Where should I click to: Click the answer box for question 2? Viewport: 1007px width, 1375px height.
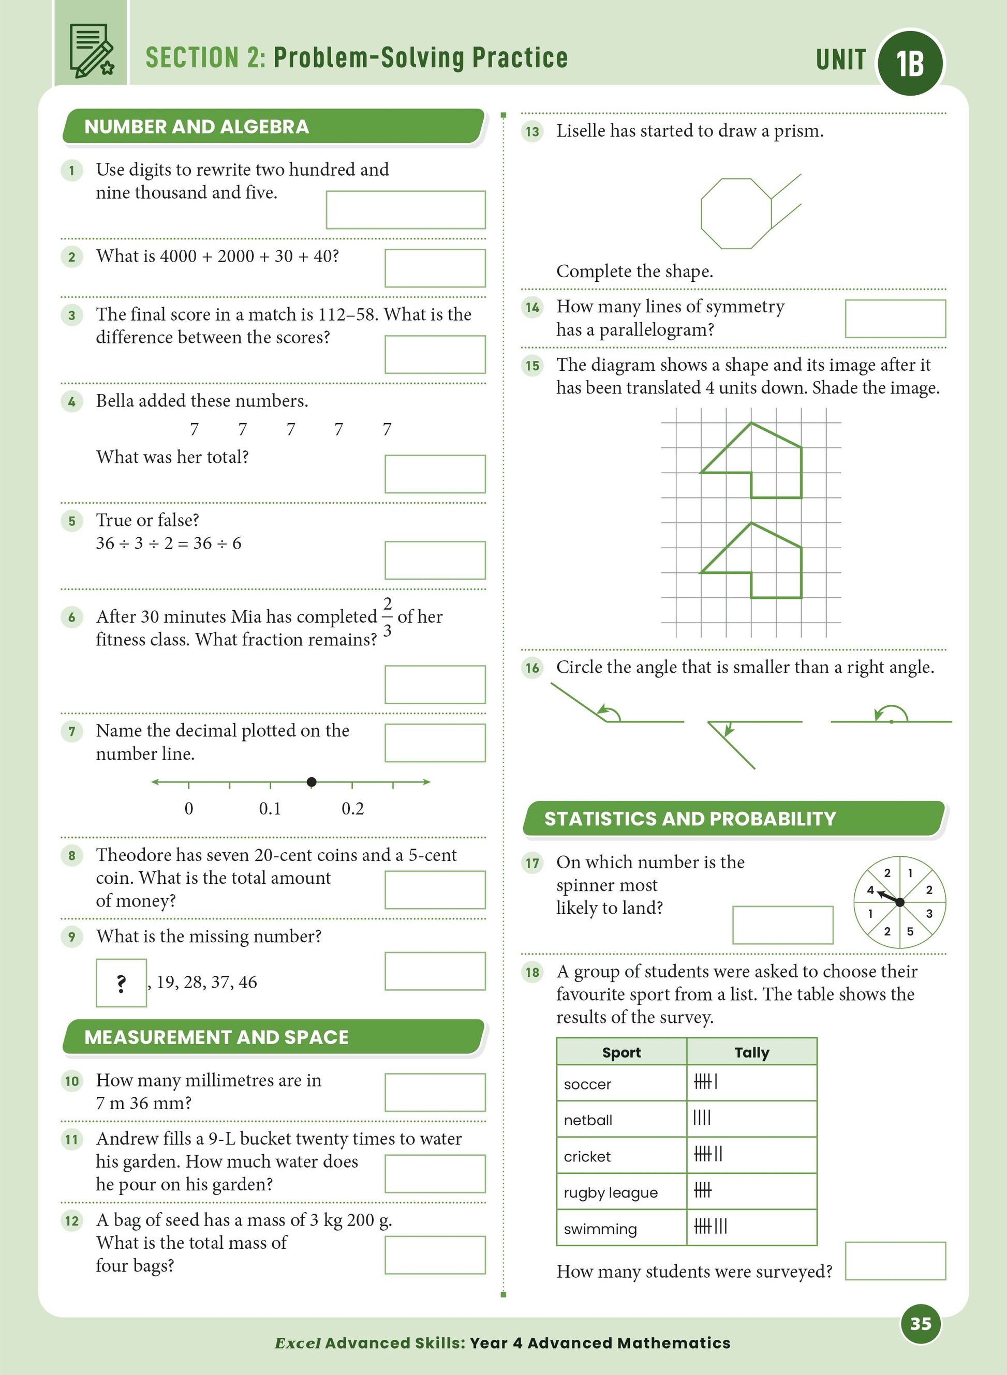[x=435, y=268]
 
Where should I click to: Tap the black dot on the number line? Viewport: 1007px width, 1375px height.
[x=312, y=782]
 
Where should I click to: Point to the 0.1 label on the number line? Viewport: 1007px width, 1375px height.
[x=270, y=808]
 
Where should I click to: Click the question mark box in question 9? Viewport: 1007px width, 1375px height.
[x=121, y=983]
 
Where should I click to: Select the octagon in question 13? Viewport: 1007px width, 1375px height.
[x=736, y=214]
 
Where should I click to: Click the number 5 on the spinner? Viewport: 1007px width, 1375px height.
[x=910, y=931]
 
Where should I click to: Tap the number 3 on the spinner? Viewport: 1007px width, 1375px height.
[x=929, y=914]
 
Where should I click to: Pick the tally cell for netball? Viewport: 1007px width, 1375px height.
[x=751, y=1119]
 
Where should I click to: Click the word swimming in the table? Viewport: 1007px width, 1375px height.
[x=600, y=1229]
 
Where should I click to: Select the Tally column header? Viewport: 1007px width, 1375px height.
[x=751, y=1052]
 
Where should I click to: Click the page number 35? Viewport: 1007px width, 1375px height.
[x=921, y=1323]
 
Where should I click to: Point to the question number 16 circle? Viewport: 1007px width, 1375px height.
[x=532, y=668]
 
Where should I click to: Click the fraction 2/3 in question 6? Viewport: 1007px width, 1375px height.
[x=387, y=616]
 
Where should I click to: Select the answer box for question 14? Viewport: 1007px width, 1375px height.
[x=895, y=319]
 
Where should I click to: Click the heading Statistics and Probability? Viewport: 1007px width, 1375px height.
[x=689, y=819]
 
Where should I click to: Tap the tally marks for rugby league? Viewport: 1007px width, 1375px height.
[x=702, y=1190]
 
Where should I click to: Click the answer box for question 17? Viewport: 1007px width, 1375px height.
[x=783, y=925]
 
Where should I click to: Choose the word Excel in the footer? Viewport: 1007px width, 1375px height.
[x=298, y=1343]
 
